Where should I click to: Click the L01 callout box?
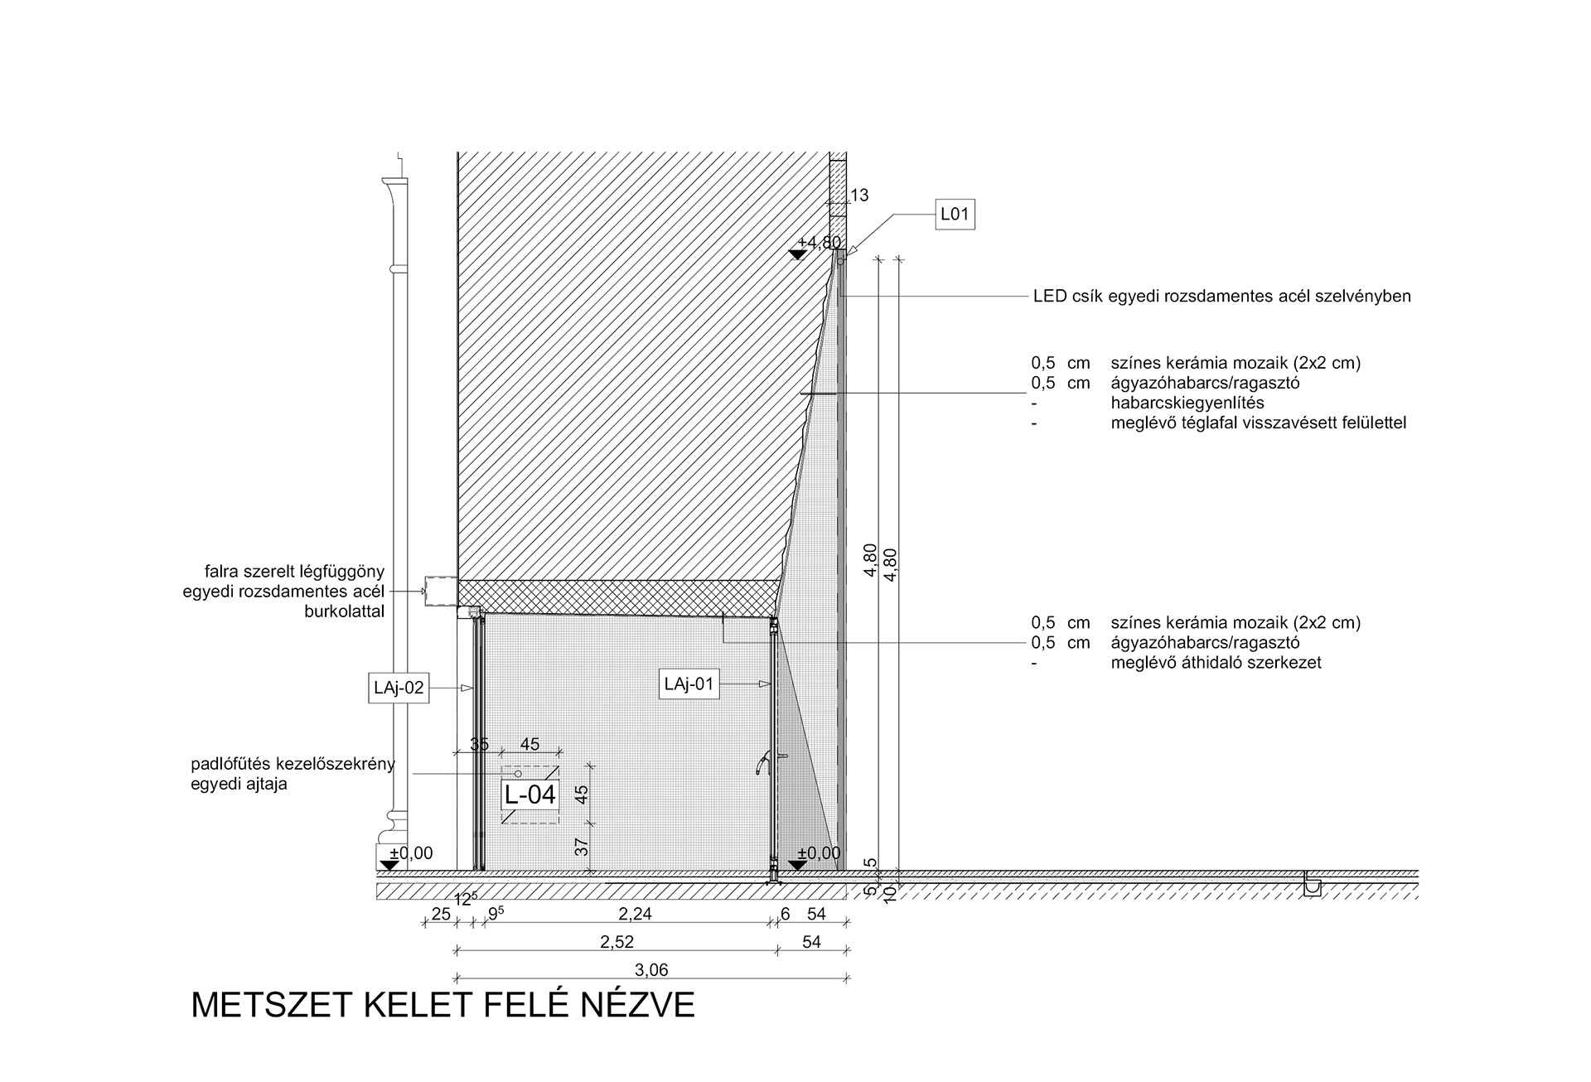tap(955, 215)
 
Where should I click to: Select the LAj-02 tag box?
tap(399, 688)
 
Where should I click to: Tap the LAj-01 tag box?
tap(689, 684)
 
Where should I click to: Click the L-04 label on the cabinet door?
tap(530, 795)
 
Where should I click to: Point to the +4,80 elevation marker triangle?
tap(798, 254)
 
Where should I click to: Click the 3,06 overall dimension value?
tap(651, 969)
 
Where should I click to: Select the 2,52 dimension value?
tap(617, 942)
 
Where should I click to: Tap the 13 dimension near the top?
tap(859, 196)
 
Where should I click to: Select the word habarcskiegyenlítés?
tap(1187, 403)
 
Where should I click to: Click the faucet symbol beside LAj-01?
tap(764, 762)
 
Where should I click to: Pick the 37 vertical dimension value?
tap(581, 847)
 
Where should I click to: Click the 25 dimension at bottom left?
tap(441, 914)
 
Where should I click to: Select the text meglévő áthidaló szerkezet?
tap(1216, 663)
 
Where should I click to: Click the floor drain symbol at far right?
tap(1313, 885)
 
